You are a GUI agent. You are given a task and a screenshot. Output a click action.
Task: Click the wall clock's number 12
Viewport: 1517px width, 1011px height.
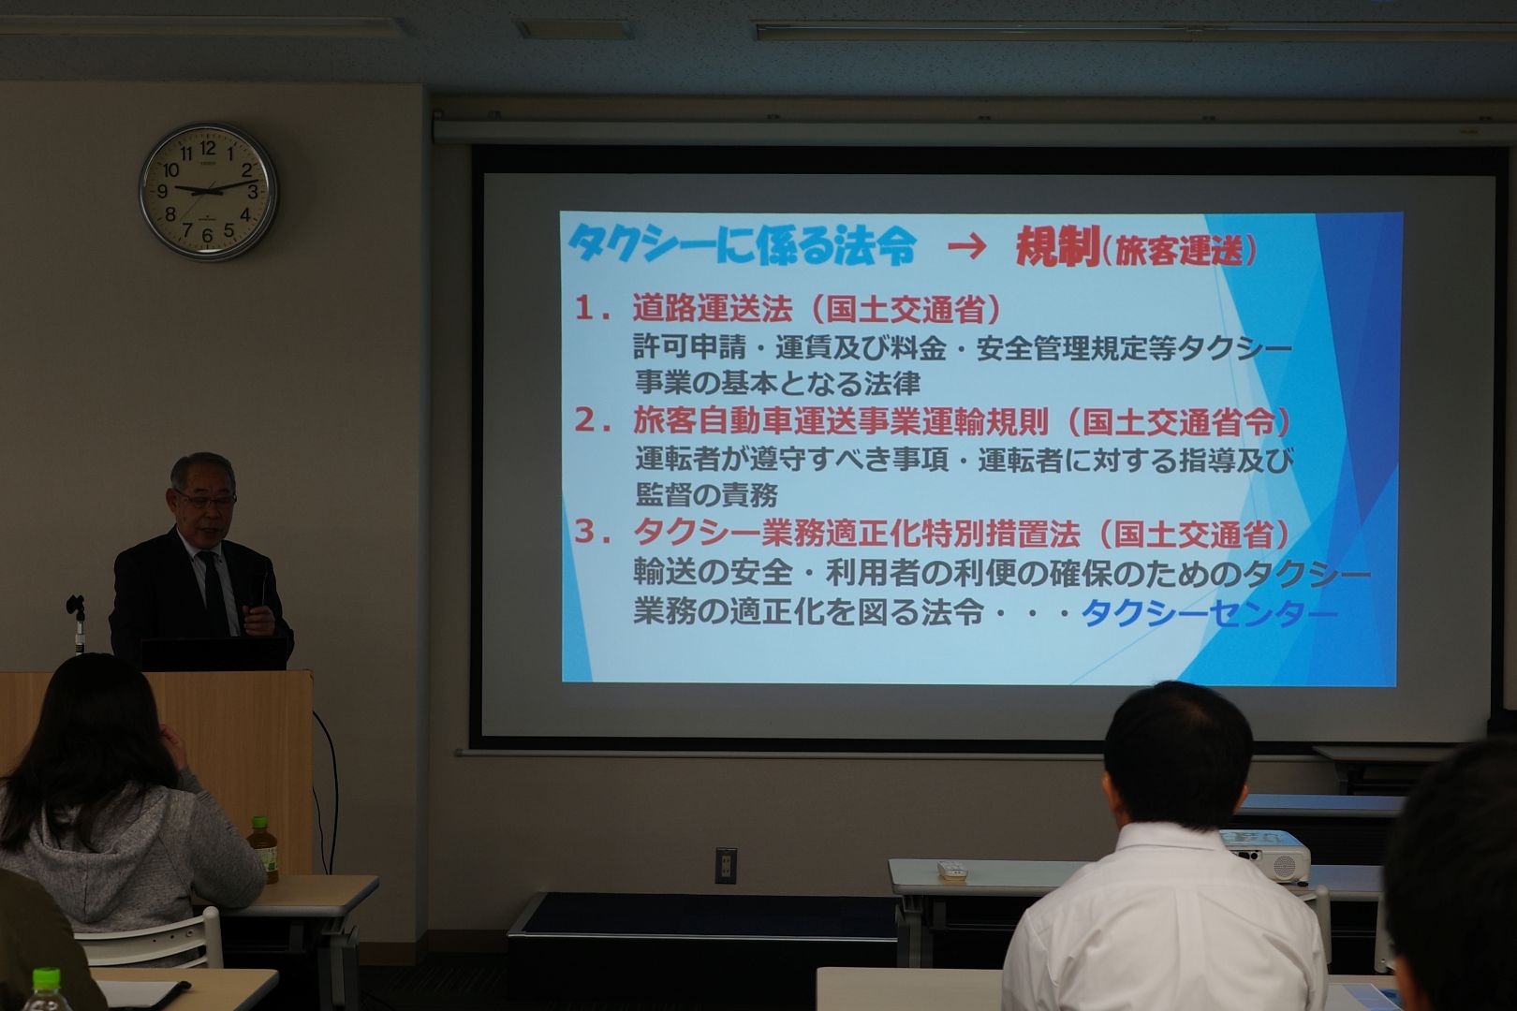(x=208, y=148)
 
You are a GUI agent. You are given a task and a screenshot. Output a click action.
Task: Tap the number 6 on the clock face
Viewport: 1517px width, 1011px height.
(x=207, y=236)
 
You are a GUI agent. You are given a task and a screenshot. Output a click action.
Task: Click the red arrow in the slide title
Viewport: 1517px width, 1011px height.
(x=967, y=246)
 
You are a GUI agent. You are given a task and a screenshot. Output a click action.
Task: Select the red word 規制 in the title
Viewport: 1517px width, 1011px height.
(x=1057, y=247)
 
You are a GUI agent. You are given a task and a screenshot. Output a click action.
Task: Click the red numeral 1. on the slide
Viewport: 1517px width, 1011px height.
(x=594, y=309)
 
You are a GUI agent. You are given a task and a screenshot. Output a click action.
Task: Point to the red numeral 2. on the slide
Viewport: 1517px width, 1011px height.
(x=594, y=421)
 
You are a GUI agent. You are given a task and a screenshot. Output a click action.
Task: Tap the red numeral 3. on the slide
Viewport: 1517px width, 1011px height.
(x=594, y=533)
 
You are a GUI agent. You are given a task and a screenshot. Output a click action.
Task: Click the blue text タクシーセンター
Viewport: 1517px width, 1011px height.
(x=1210, y=613)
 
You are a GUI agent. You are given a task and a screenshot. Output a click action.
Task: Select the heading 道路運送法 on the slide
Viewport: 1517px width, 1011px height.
(x=713, y=309)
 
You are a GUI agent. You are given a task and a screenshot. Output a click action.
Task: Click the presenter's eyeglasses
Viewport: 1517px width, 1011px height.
(x=206, y=501)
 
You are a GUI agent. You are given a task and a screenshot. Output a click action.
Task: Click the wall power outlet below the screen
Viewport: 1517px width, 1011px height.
(x=726, y=865)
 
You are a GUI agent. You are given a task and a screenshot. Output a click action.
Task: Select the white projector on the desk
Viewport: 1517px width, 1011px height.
(x=1265, y=856)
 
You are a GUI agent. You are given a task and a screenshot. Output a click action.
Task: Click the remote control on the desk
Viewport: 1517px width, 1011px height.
(x=952, y=871)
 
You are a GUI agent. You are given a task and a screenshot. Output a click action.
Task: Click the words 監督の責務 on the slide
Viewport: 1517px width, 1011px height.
(x=706, y=495)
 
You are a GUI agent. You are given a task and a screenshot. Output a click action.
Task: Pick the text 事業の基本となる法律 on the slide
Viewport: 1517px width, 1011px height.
(x=777, y=383)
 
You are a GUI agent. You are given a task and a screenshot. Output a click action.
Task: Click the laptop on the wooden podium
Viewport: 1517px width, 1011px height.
(x=214, y=652)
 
